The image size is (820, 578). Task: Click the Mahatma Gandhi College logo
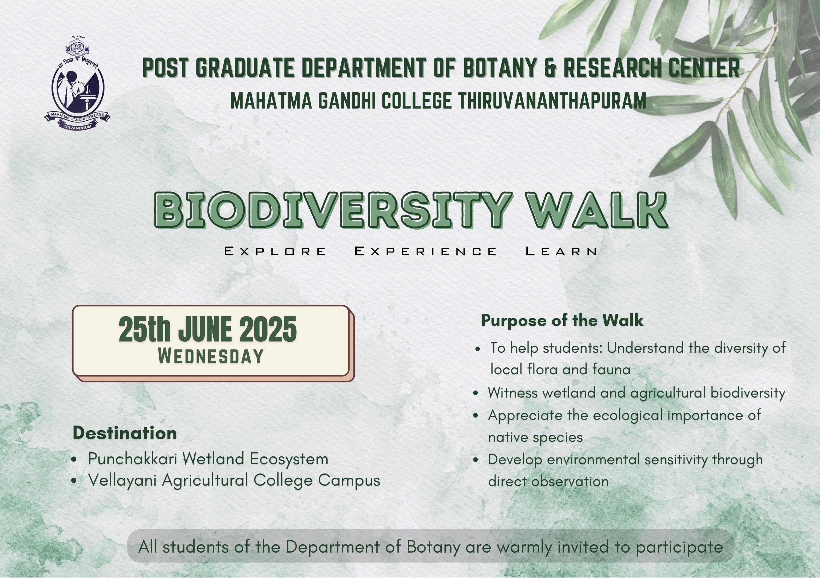[77, 83]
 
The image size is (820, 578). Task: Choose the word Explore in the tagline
[275, 252]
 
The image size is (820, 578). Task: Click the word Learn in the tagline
[561, 252]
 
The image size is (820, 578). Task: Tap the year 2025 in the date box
[268, 329]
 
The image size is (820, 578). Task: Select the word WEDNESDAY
[211, 356]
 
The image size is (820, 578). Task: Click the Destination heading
[125, 433]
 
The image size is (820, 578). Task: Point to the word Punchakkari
[133, 459]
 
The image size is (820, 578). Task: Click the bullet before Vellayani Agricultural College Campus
[74, 481]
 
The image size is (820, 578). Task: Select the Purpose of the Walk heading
[562, 320]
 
